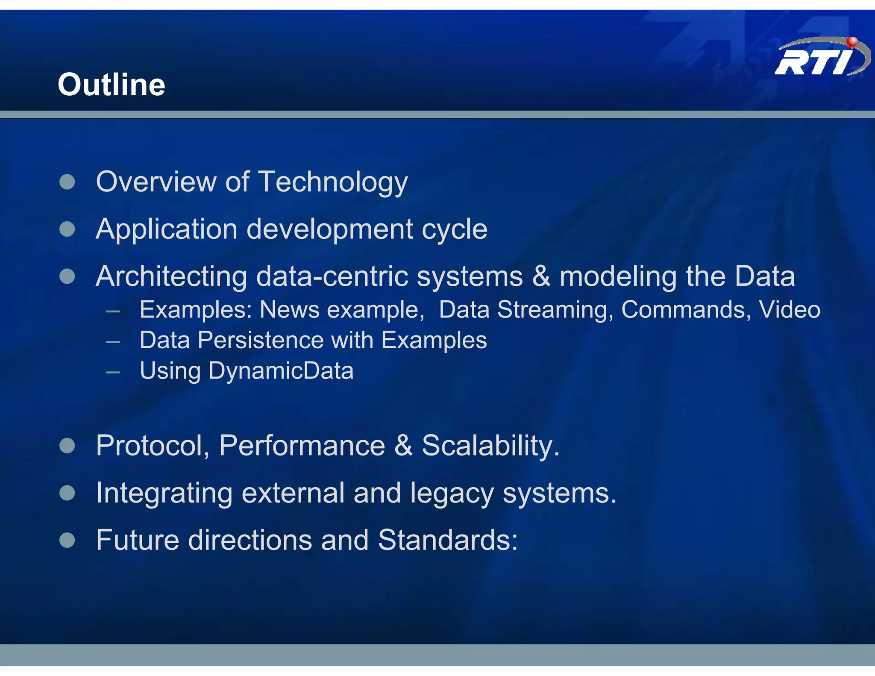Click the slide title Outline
112,85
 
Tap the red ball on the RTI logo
852,41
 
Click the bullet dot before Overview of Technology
67,182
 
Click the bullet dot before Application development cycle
67,229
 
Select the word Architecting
171,276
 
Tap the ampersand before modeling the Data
541,276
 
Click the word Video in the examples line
789,309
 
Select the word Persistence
261,341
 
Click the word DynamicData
281,370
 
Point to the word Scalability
490,446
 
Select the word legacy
452,493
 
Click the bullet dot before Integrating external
67,493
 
